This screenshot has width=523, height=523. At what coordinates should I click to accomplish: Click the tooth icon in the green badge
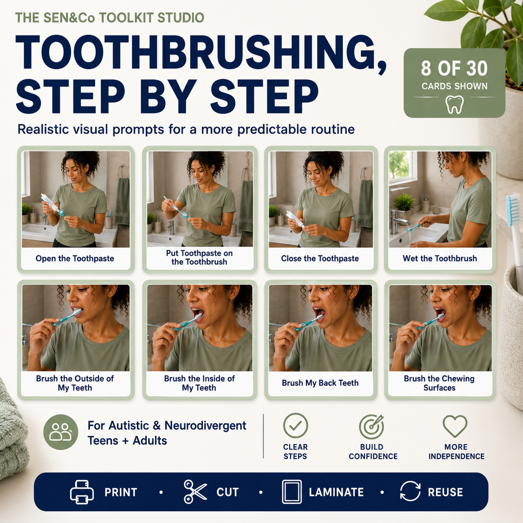coord(454,104)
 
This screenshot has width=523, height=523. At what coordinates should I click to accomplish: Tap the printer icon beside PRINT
coord(82,492)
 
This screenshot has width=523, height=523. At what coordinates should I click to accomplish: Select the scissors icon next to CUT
coord(195,492)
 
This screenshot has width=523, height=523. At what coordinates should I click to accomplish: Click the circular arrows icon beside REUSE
coord(410,491)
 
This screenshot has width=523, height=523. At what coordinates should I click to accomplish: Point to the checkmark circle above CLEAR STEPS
coord(295,425)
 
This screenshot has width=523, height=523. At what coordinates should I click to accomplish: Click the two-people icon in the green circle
coord(60,432)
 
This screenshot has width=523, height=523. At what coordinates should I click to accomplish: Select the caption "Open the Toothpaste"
coord(75,259)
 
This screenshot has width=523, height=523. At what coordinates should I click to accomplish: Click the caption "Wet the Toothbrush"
coord(440,259)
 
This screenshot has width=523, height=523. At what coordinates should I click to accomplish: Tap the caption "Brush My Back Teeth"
coord(320,383)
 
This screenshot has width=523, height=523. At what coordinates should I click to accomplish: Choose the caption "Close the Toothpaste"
coord(320,259)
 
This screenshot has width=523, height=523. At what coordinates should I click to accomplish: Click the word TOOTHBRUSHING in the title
coord(201,53)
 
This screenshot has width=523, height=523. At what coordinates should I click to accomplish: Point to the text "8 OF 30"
coord(454,68)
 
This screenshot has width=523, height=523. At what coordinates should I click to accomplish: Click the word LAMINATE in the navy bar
coord(336,492)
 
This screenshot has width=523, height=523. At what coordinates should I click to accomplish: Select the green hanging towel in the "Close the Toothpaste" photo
coord(365,203)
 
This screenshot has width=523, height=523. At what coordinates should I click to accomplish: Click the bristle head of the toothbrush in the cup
coord(513,209)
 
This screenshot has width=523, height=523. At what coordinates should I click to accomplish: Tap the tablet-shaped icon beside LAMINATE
coord(292,492)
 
